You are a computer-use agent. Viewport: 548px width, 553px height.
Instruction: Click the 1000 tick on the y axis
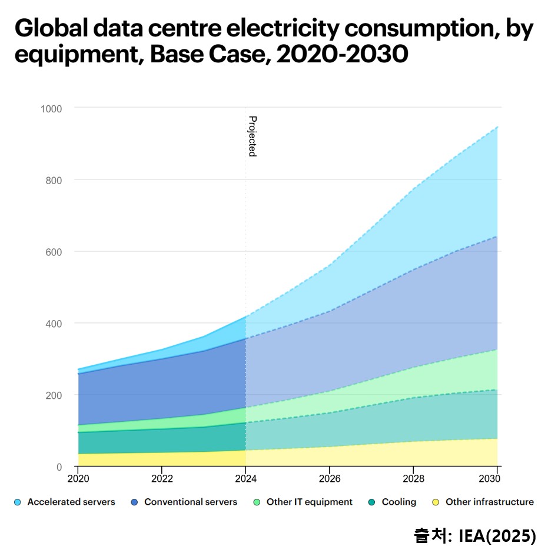click(51, 108)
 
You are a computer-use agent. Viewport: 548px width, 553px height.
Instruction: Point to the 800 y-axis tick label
click(54, 180)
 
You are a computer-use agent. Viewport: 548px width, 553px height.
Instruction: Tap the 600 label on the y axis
click(54, 252)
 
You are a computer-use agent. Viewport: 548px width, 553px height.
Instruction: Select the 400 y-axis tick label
click(54, 324)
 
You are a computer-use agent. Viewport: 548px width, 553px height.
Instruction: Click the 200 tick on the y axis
click(54, 395)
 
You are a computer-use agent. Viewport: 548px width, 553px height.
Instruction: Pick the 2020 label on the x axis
click(78, 479)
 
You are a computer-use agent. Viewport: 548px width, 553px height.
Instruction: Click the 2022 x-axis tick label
click(162, 479)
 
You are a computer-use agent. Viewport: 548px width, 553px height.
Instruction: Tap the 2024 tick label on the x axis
click(245, 479)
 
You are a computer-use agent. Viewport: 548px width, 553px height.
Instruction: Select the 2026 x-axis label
click(330, 479)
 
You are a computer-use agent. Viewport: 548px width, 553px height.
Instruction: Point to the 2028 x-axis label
click(413, 479)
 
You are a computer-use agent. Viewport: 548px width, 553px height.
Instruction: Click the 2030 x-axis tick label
click(497, 479)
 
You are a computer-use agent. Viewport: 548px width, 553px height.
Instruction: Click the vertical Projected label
click(252, 136)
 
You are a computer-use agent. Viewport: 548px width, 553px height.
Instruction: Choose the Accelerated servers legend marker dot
click(18, 502)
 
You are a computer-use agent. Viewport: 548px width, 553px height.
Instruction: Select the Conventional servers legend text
click(190, 502)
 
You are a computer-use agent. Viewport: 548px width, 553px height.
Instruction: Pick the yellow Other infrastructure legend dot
click(436, 502)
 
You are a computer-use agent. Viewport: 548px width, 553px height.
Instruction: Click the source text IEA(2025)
click(497, 536)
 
